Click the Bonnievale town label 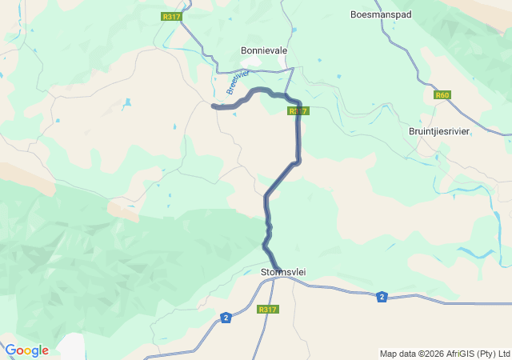pyautogui.click(x=264, y=50)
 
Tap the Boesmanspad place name pyautogui.click(x=380, y=14)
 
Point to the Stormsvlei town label pyautogui.click(x=283, y=273)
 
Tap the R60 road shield pyautogui.click(x=442, y=95)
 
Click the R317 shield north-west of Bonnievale pyautogui.click(x=170, y=16)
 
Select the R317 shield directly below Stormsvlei pyautogui.click(x=267, y=310)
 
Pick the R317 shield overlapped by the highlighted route pyautogui.click(x=298, y=111)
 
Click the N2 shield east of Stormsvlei pyautogui.click(x=382, y=297)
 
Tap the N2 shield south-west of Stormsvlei pyautogui.click(x=226, y=318)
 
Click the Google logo pyautogui.click(x=26, y=350)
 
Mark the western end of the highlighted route pyautogui.click(x=213, y=106)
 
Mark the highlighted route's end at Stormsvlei pyautogui.click(x=279, y=268)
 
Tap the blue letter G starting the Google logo pyautogui.click(x=10, y=350)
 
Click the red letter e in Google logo pyautogui.click(x=45, y=351)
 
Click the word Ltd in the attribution pyautogui.click(x=503, y=354)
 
